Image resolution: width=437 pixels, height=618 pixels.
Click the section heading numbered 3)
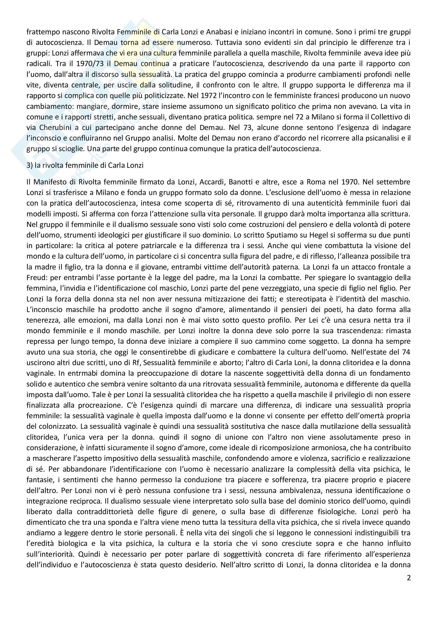click(85, 165)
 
